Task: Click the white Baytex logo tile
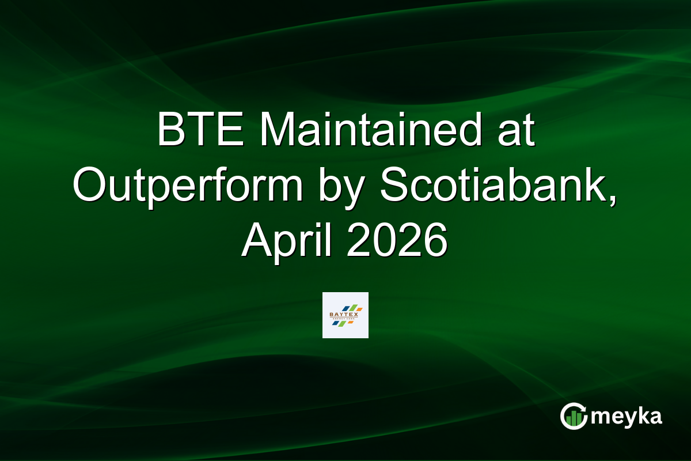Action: coord(345,315)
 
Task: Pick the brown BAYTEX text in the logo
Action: coord(344,315)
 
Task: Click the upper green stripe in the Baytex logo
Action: coord(353,308)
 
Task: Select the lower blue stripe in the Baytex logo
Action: coord(335,323)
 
